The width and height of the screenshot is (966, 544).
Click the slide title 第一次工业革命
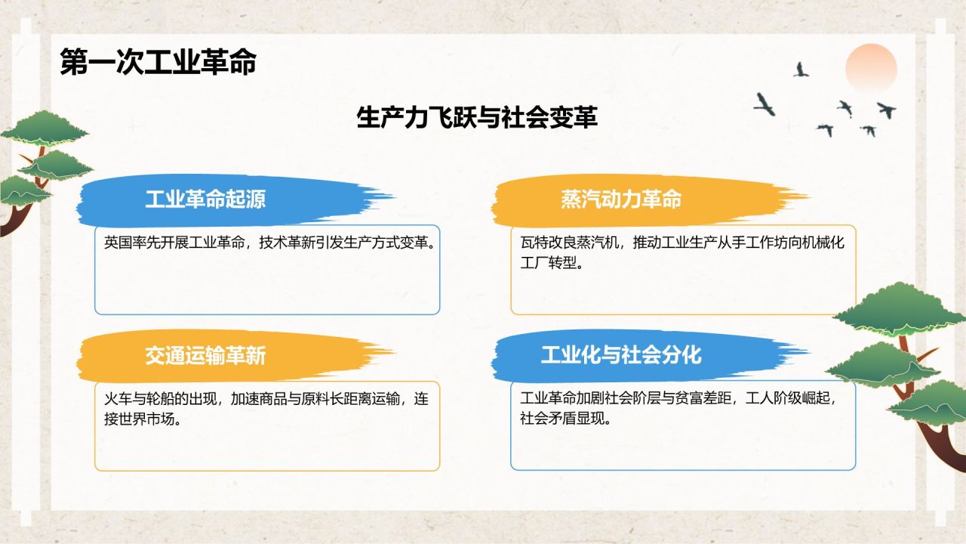pos(158,63)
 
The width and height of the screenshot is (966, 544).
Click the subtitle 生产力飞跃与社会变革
pos(477,118)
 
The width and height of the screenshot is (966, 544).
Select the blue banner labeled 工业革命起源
pos(205,199)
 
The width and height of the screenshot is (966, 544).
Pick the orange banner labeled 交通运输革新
pos(205,355)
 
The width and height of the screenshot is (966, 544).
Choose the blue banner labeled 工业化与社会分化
pos(621,354)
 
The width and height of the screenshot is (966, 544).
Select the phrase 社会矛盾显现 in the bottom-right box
pos(562,419)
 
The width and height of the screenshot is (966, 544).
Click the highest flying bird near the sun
pos(801,70)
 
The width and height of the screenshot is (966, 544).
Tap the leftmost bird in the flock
pos(764,104)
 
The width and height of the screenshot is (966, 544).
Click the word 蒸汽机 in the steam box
pos(595,243)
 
